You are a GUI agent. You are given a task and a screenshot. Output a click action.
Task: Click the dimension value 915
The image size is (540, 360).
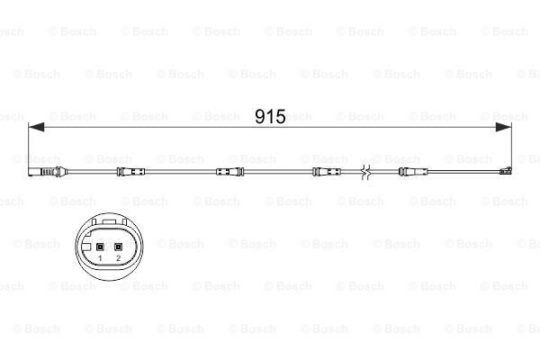270,117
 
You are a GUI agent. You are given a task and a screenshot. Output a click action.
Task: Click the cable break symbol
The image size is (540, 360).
365,172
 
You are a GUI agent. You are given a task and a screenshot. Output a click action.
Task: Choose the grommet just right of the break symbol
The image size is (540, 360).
401,172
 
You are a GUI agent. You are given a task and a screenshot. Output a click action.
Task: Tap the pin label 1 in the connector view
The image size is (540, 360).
100,258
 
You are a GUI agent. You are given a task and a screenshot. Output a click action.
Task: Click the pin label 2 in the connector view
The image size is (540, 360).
119,258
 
